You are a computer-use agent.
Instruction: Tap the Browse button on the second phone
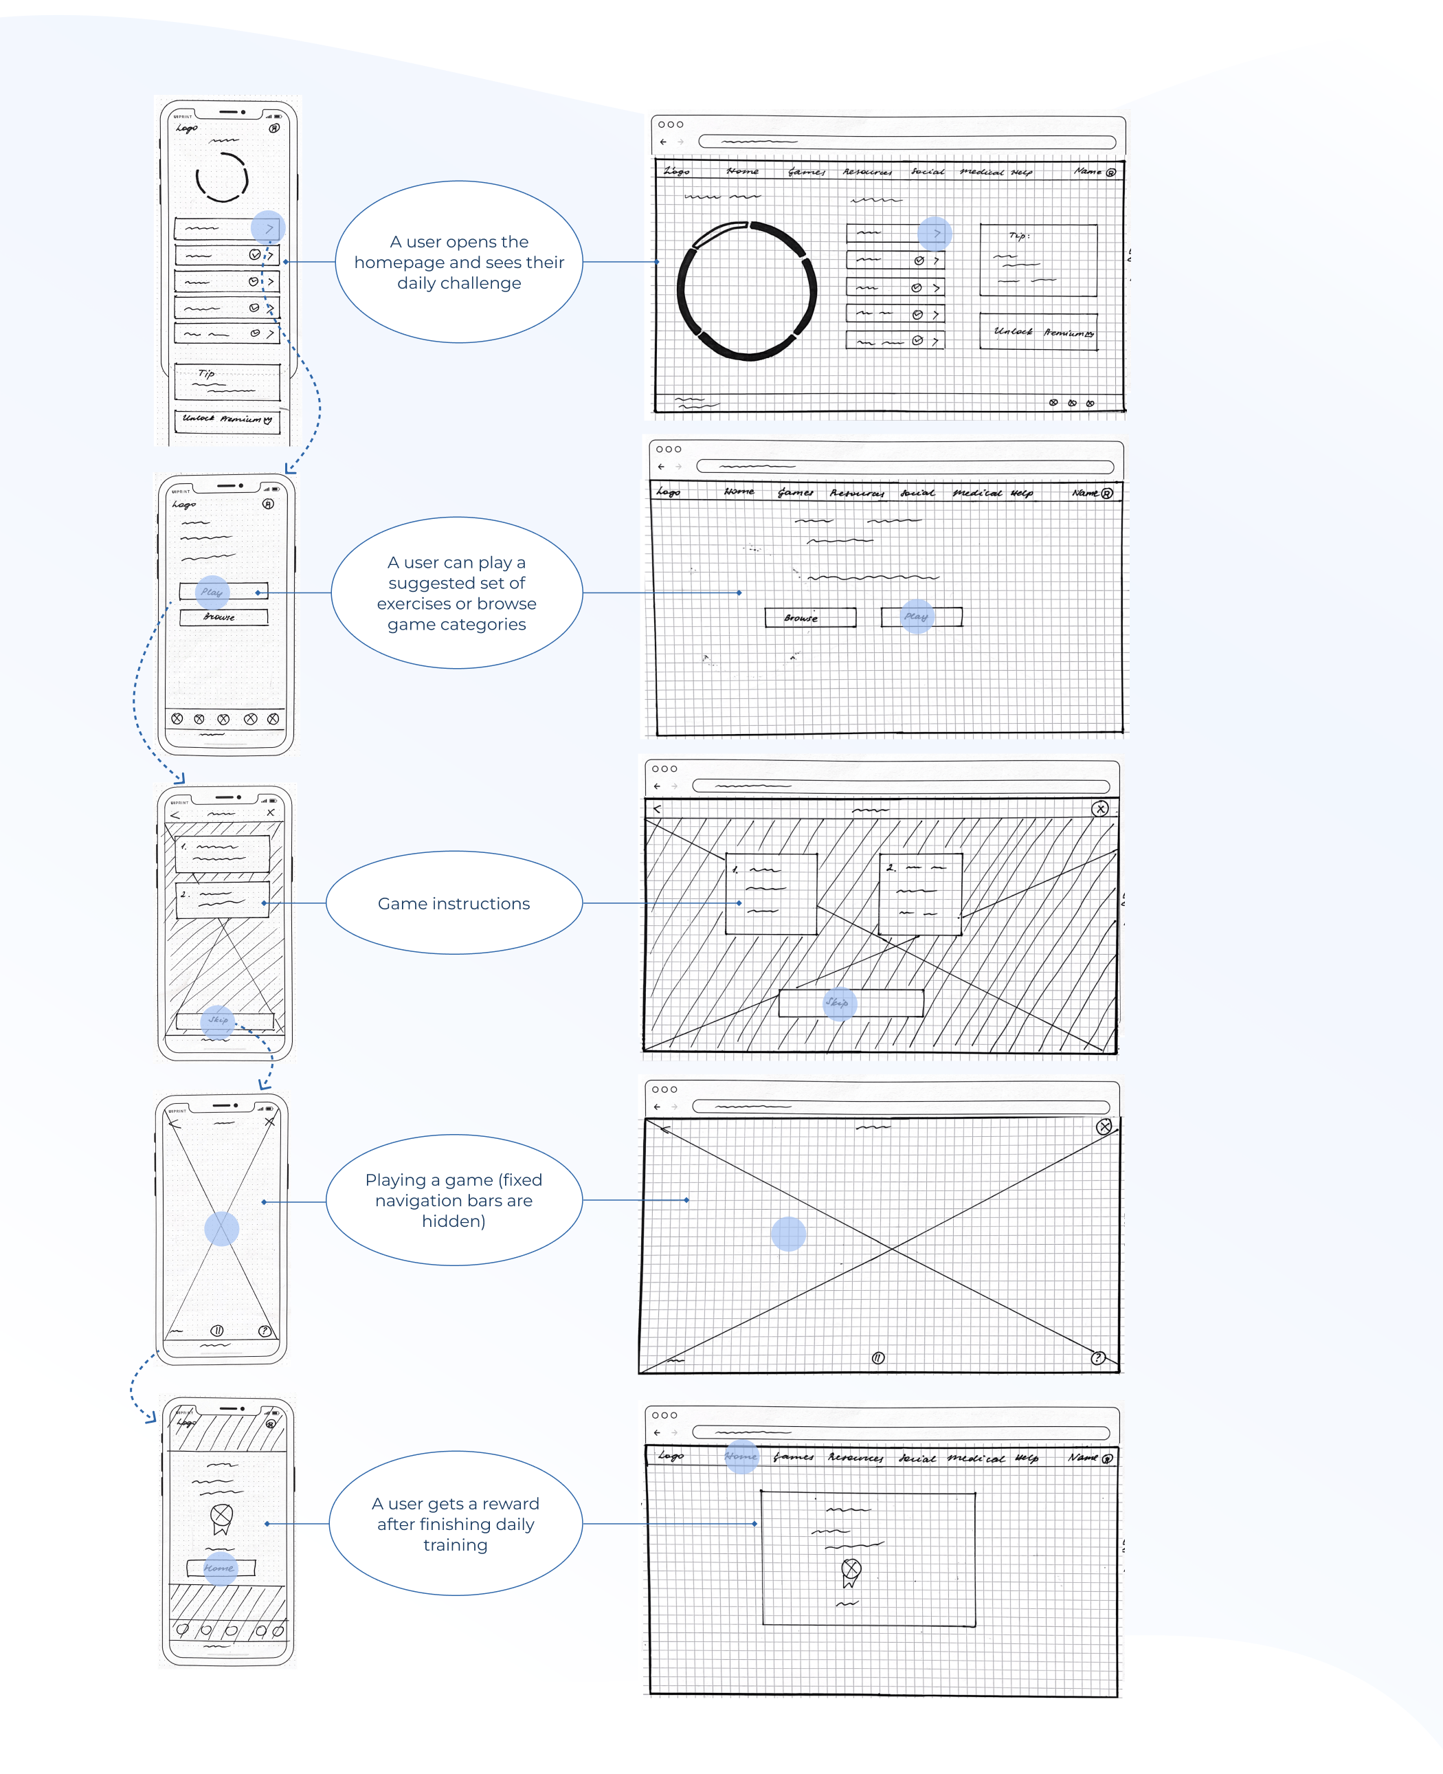tap(222, 617)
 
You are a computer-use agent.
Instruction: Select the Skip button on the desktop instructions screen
tap(851, 1003)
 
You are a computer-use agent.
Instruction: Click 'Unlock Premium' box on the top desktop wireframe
tap(1038, 332)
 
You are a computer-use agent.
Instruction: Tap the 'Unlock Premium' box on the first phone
tap(226, 420)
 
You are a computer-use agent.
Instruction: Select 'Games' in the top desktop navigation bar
tap(806, 171)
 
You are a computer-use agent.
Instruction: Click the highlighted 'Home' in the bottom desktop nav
tap(741, 1456)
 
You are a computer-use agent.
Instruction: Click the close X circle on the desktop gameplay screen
tap(1104, 1127)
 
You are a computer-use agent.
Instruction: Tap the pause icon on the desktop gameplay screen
tap(877, 1357)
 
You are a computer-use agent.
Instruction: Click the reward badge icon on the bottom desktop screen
tap(851, 1571)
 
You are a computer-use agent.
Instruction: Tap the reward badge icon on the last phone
tap(221, 1517)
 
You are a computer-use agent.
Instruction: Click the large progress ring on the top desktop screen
tap(746, 291)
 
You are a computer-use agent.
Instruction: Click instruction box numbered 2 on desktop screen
tap(920, 894)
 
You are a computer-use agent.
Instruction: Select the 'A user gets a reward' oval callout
tap(456, 1523)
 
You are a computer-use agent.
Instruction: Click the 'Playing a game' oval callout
tap(454, 1199)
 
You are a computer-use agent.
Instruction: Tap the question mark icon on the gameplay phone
tap(265, 1331)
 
